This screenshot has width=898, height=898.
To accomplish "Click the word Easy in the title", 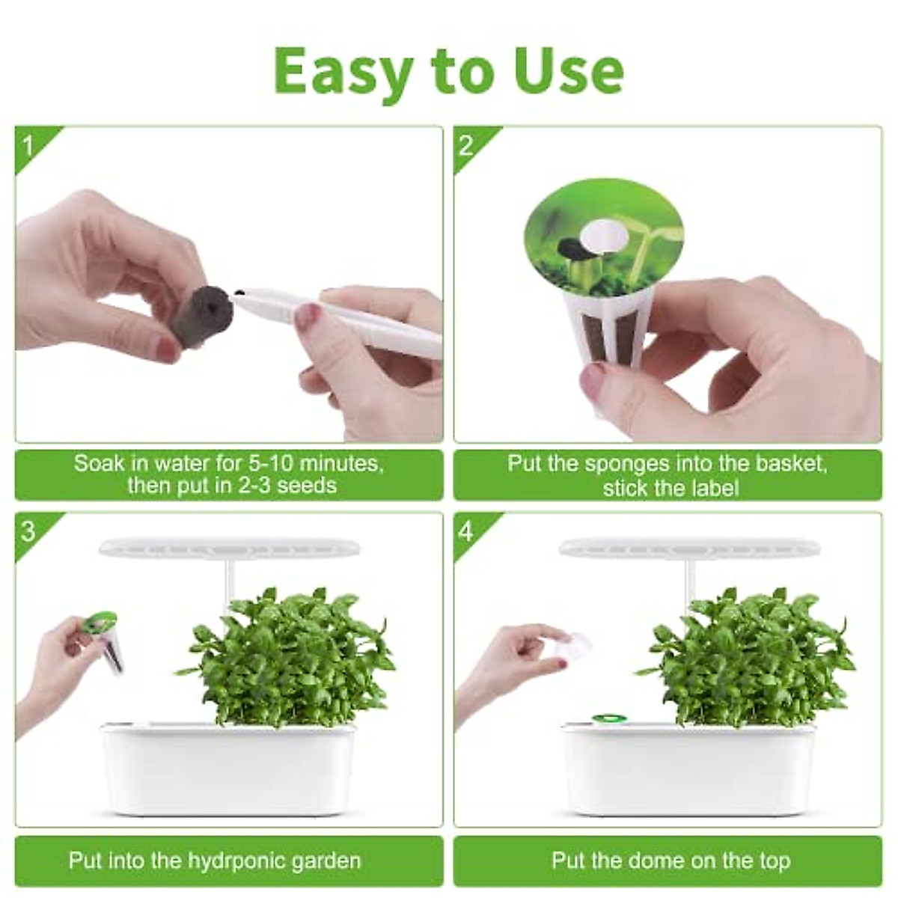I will (342, 71).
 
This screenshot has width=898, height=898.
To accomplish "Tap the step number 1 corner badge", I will (28, 144).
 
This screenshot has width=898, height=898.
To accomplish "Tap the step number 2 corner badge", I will (467, 144).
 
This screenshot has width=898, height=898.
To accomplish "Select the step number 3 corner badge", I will (28, 531).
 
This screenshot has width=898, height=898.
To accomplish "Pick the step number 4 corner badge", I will (467, 531).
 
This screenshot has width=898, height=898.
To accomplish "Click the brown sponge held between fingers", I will (199, 309).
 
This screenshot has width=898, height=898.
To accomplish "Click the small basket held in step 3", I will (106, 641).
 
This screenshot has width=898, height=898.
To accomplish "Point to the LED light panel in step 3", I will (230, 549).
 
